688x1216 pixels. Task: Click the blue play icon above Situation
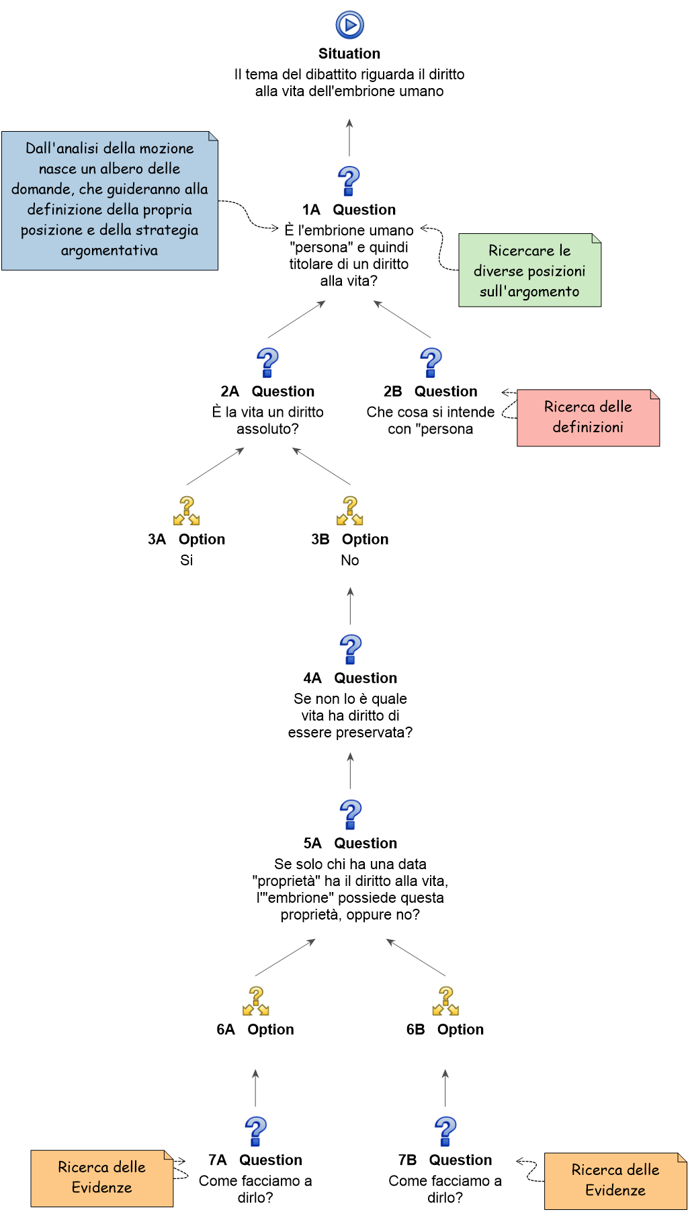[349, 25]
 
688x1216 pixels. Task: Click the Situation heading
[349, 54]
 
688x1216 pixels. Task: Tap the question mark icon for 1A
[349, 181]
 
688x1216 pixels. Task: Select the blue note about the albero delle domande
[110, 200]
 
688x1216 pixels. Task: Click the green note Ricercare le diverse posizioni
[529, 270]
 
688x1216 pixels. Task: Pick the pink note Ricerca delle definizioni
[588, 417]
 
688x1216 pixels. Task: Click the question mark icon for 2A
[267, 363]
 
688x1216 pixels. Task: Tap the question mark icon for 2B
[431, 363]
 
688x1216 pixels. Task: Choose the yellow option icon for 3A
[187, 511]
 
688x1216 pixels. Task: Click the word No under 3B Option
[350, 561]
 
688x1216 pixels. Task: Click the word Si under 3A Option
[187, 561]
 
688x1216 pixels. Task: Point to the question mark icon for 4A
[350, 650]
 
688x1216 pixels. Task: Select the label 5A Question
[350, 844]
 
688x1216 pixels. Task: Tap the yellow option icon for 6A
[255, 1001]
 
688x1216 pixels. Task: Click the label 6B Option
[445, 1030]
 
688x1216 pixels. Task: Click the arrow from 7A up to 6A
[255, 1088]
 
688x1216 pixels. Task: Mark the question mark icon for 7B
[445, 1131]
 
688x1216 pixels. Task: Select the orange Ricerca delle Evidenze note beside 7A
[101, 1178]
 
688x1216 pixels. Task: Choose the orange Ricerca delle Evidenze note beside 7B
[615, 1180]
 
